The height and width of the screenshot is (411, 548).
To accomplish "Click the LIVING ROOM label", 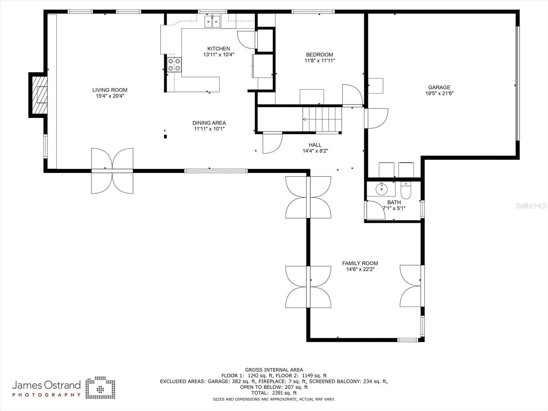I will (110, 90).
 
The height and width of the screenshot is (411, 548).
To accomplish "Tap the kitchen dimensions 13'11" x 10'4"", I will (219, 54).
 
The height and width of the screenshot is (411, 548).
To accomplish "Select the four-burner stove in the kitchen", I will (174, 65).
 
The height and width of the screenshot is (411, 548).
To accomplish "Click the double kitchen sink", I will (213, 21).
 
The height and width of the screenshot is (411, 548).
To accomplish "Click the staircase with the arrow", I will (322, 119).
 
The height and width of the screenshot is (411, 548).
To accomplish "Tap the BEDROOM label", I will (319, 54).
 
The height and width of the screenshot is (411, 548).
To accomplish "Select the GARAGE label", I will (439, 87).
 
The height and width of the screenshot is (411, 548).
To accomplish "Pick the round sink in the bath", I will (381, 188).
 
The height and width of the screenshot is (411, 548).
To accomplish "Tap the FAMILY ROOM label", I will (360, 263).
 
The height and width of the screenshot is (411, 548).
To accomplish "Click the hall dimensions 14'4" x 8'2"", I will (315, 151).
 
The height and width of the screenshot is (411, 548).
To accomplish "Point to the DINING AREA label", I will (209, 123).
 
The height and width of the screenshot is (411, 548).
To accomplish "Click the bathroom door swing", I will (375, 210).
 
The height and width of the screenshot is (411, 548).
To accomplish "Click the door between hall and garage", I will (376, 118).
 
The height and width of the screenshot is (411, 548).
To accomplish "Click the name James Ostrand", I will (47, 385).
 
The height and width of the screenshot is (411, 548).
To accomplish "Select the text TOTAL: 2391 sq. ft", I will (274, 393).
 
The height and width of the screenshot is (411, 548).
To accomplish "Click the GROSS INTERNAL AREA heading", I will (274, 370).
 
